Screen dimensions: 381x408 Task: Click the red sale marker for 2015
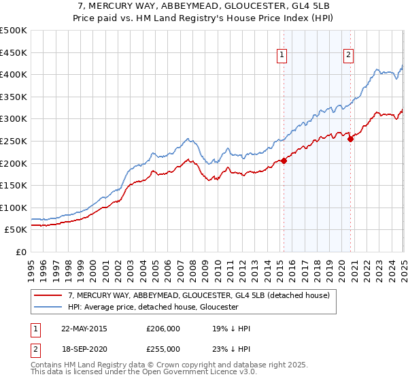[284, 161]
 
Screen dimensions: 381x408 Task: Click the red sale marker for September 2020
[350, 139]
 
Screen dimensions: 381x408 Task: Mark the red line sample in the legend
[50, 295]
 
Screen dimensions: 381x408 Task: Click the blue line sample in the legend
[50, 308]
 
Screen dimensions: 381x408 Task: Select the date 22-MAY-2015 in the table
[84, 329]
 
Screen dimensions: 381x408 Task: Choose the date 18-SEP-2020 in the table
[84, 349]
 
